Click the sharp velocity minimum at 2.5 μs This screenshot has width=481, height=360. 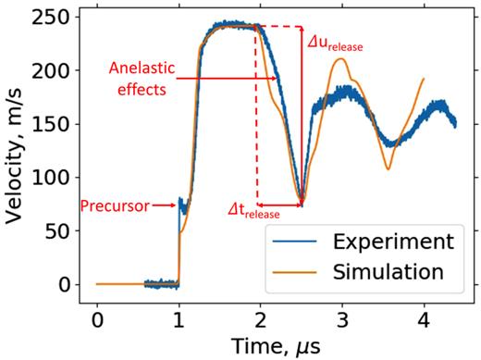(x=302, y=202)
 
